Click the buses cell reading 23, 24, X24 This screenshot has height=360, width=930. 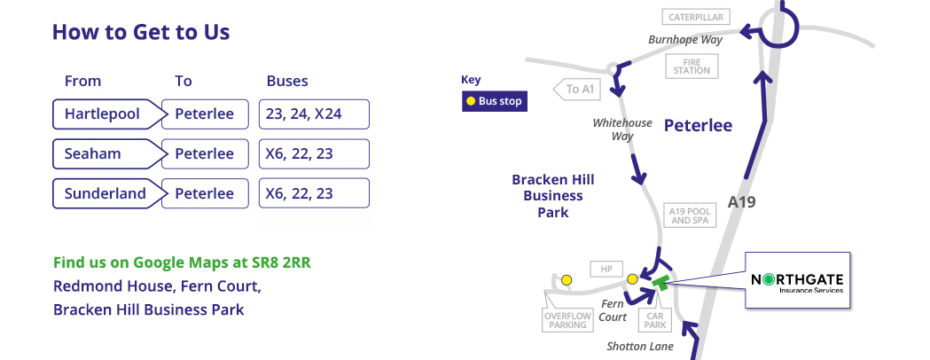314,113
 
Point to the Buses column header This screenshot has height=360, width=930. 287,81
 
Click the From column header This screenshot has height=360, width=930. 82,81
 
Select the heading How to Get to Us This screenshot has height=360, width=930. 141,31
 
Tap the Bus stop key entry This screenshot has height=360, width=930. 494,101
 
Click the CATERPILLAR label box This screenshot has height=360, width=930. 696,17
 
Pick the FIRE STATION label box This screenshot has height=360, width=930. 692,66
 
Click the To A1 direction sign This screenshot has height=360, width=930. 576,89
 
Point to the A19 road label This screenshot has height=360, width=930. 741,202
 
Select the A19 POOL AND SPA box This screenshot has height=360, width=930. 690,215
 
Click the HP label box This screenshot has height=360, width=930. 606,269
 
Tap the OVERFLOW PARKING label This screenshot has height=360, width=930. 567,320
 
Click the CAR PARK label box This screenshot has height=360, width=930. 655,320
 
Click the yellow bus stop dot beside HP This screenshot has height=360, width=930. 632,279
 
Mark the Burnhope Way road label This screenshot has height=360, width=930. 685,40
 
